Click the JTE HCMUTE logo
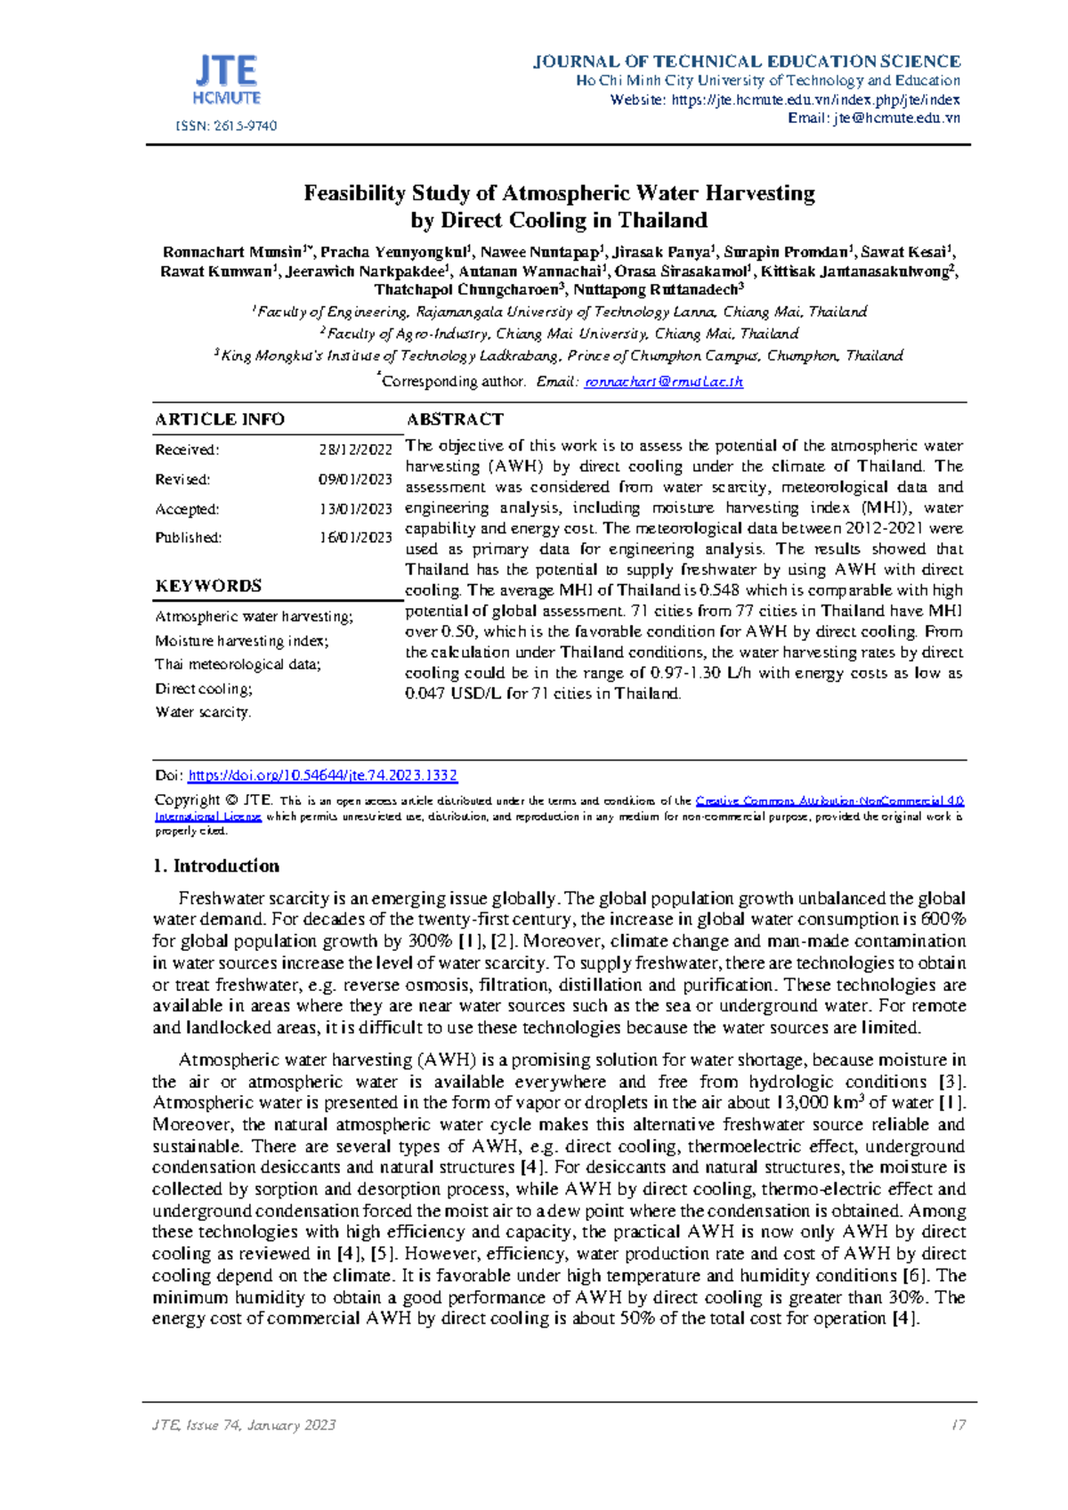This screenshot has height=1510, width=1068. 226,79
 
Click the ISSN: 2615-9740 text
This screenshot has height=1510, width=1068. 226,126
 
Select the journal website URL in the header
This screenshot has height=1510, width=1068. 815,100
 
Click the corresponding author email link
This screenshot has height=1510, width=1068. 663,381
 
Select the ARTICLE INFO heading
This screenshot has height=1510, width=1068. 220,419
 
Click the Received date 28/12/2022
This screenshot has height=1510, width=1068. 355,450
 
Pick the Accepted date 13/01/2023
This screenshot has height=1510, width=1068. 355,509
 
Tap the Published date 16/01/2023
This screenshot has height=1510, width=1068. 355,538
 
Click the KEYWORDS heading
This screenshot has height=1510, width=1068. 208,586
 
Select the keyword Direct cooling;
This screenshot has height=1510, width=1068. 204,688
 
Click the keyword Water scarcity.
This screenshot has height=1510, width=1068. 203,712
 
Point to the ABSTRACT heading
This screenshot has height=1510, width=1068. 455,419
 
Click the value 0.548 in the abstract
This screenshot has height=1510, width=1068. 719,590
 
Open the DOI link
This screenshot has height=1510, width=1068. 322,775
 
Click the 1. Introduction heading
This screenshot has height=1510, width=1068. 216,866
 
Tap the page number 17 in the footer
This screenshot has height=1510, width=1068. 958,1425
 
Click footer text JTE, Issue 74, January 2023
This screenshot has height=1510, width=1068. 244,1425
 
